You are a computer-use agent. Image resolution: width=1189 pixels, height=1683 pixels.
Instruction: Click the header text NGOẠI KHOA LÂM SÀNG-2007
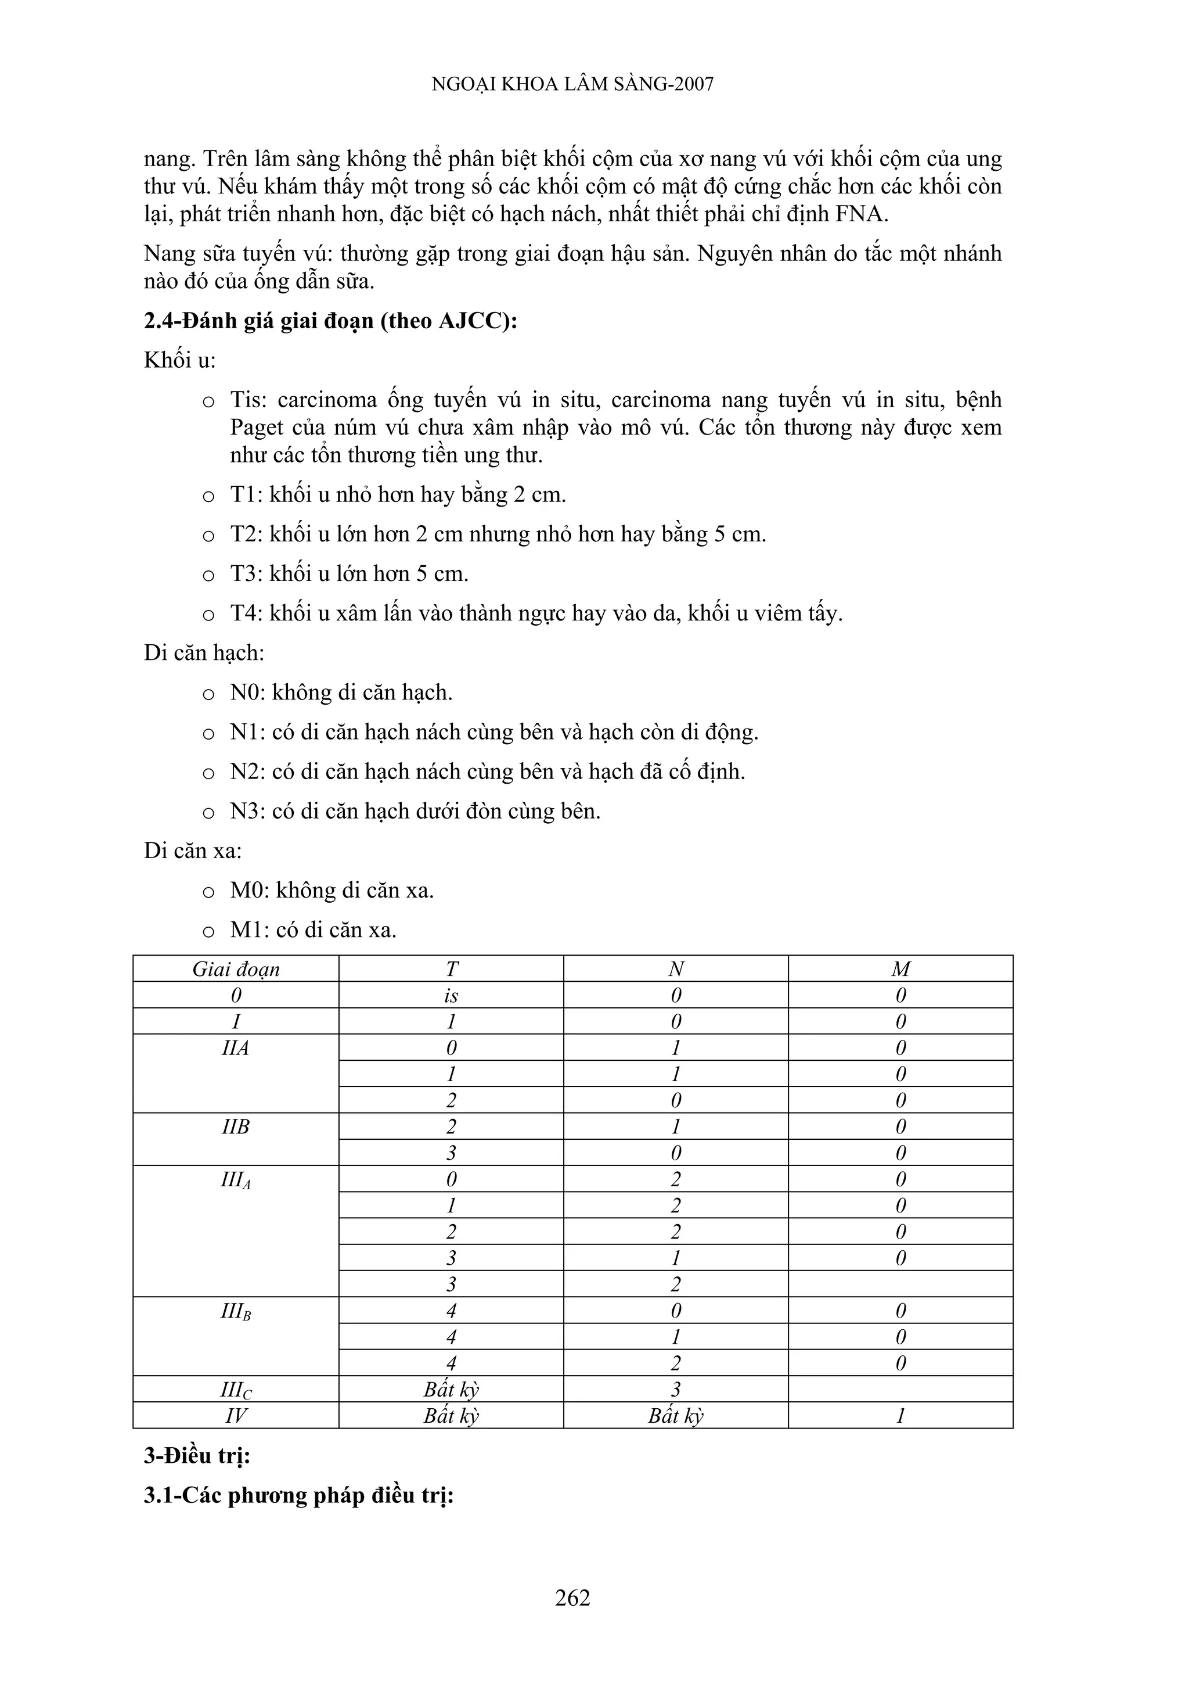[x=572, y=84]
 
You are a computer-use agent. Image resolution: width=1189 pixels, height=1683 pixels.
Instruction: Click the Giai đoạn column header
[x=236, y=969]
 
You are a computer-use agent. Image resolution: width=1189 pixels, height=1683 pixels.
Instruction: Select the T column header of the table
[x=451, y=969]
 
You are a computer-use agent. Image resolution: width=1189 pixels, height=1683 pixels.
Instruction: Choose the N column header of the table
[x=675, y=969]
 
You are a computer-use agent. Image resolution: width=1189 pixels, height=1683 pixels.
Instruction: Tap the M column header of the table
[x=900, y=969]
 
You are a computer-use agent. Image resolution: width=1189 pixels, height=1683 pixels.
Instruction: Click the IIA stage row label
[x=236, y=1048]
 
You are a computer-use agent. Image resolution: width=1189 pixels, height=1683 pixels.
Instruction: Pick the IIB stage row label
[x=236, y=1126]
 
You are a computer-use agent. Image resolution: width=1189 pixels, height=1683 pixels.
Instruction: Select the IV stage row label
[x=236, y=1415]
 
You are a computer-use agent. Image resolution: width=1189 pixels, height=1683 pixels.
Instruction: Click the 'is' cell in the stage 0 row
[x=451, y=995]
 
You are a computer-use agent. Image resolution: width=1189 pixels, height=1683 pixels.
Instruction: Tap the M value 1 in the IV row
[x=900, y=1415]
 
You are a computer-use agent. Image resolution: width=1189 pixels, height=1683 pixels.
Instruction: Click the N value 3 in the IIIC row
[x=675, y=1389]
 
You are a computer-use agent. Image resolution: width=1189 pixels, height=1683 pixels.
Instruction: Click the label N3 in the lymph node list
[x=247, y=812]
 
